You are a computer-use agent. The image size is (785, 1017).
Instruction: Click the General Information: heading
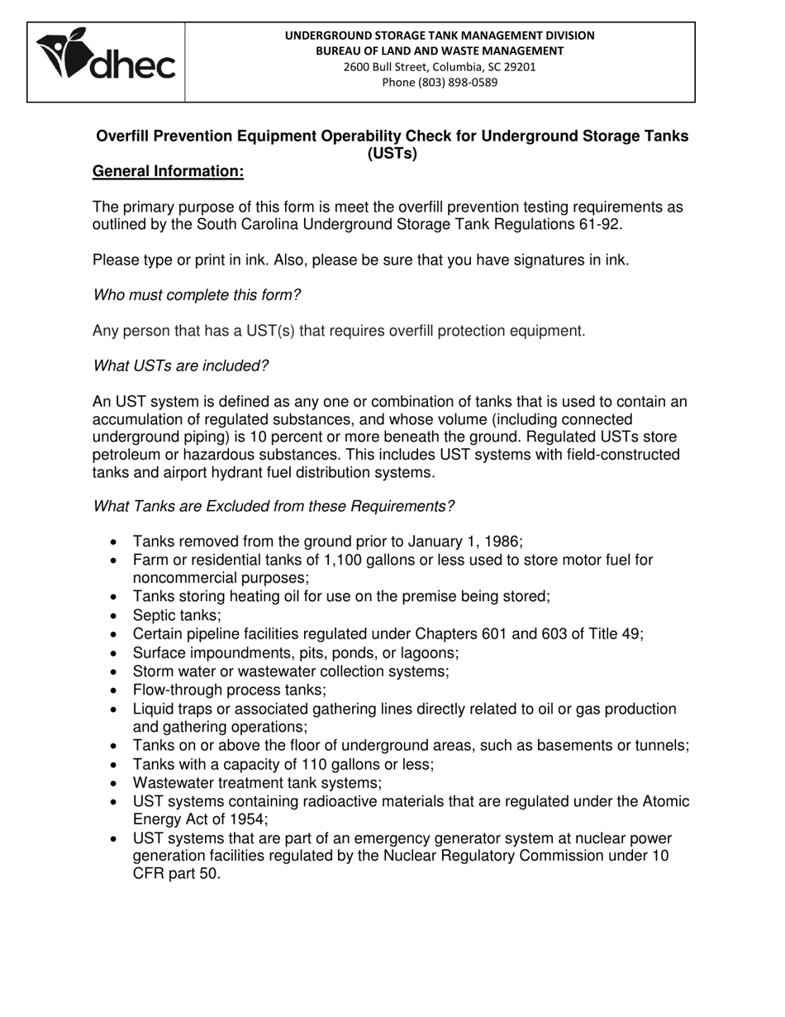[168, 171]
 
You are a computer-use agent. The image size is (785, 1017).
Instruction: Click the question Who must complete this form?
[197, 295]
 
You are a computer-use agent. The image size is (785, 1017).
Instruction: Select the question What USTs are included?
[181, 365]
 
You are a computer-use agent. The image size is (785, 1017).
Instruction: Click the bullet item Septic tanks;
[177, 615]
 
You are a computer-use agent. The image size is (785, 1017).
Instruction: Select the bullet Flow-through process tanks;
[229, 690]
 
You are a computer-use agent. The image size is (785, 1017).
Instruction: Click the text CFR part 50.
[176, 873]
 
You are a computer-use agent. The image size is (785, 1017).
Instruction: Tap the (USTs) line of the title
[392, 154]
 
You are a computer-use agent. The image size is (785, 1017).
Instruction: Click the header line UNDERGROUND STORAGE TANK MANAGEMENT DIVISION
[439, 36]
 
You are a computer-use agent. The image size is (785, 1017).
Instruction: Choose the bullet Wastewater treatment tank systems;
[257, 782]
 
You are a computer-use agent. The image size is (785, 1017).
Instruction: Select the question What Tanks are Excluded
[274, 506]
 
